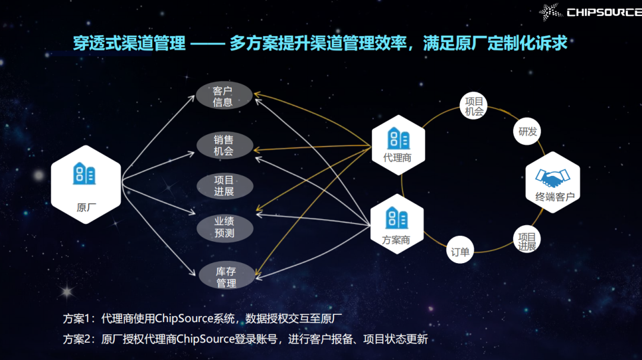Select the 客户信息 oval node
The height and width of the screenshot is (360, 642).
224,96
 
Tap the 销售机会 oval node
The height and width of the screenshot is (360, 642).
224,145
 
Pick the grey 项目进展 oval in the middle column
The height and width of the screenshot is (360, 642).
224,185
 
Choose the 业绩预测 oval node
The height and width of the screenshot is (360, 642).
224,226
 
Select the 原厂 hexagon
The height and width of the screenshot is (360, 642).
86,184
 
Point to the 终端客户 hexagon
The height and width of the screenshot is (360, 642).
553,182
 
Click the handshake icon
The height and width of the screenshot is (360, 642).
552,176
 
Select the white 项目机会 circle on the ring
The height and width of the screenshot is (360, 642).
474,105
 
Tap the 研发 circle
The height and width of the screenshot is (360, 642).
527,131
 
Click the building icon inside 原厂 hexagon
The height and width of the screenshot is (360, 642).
84,173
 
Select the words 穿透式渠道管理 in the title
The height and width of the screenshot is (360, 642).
129,43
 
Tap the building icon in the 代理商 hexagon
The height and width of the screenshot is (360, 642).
398,138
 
